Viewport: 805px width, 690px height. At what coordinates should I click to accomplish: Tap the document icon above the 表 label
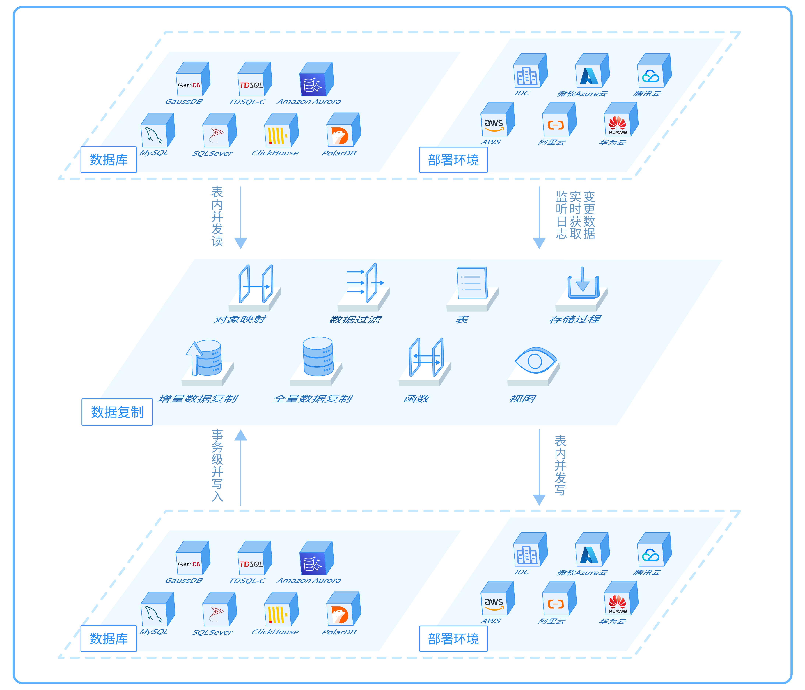[x=472, y=283]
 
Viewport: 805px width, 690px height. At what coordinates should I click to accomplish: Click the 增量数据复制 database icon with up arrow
[x=205, y=358]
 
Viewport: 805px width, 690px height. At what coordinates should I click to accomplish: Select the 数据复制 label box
[x=117, y=412]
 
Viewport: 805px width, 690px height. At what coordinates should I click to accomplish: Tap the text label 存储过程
[x=575, y=319]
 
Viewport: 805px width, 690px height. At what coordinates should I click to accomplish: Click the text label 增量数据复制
[x=198, y=399]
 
